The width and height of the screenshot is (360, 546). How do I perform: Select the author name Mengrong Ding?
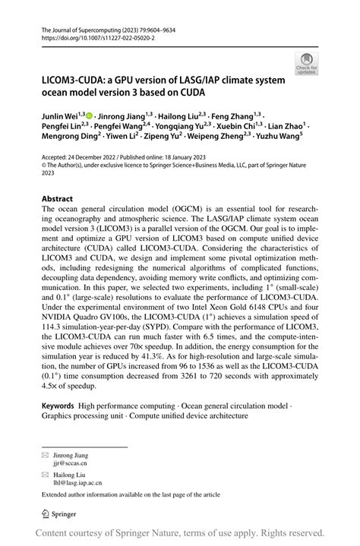coord(69,137)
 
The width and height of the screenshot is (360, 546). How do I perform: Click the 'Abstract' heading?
coord(58,198)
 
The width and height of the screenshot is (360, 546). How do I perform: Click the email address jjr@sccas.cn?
coord(68,462)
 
